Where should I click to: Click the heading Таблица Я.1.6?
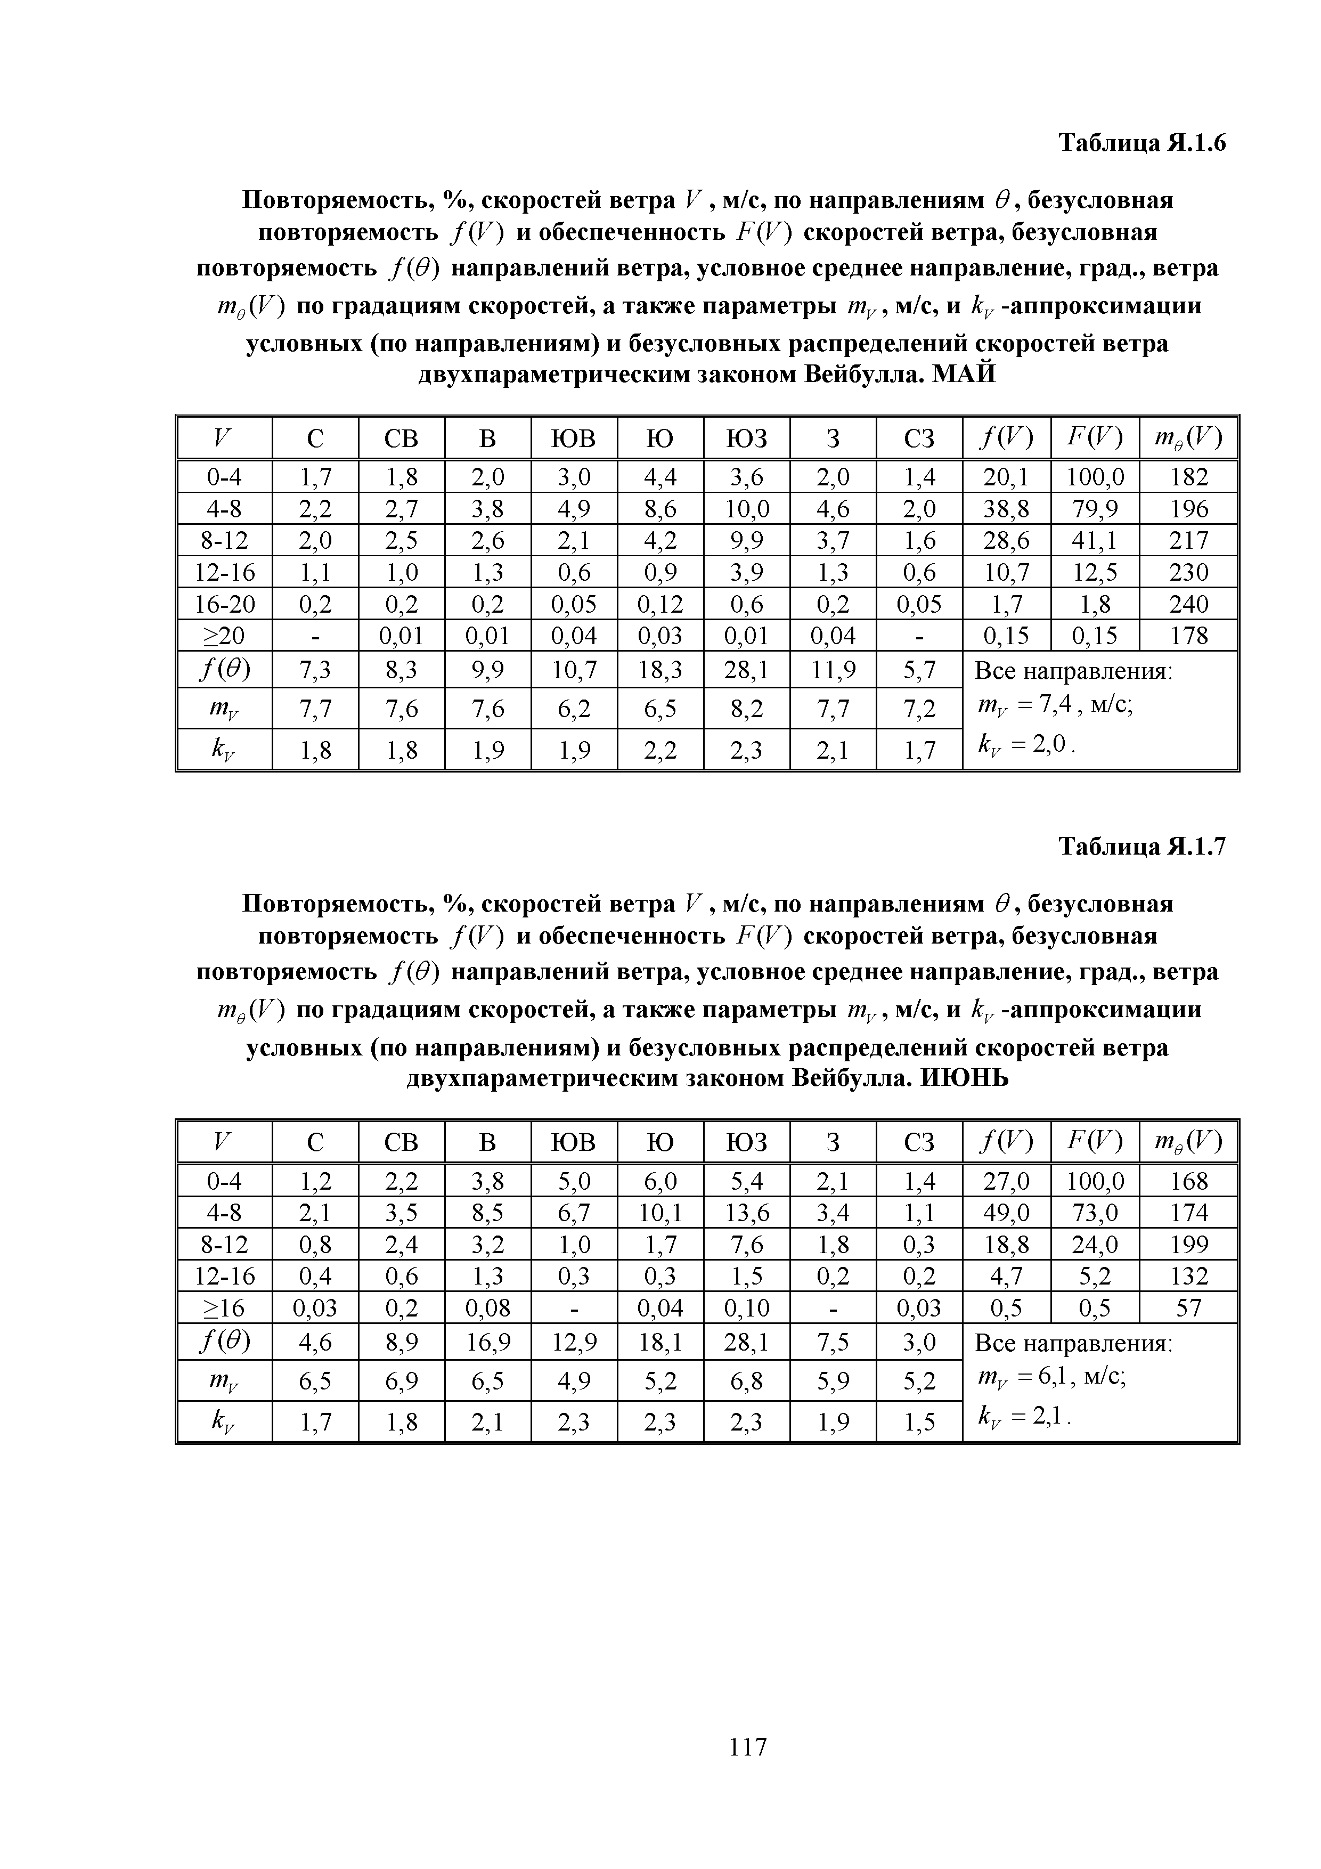click(x=1141, y=143)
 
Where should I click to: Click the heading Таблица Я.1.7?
click(x=1141, y=848)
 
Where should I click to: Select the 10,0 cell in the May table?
click(x=746, y=509)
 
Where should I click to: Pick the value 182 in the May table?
click(x=1188, y=477)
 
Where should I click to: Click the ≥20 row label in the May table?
click(x=224, y=635)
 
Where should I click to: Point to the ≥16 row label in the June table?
click(x=224, y=1308)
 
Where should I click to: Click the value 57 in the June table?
click(x=1188, y=1308)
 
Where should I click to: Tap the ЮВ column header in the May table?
click(x=574, y=439)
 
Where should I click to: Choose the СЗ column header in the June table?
click(x=919, y=1143)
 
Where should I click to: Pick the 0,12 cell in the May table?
click(x=660, y=604)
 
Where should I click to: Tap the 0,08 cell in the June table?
click(x=487, y=1308)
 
